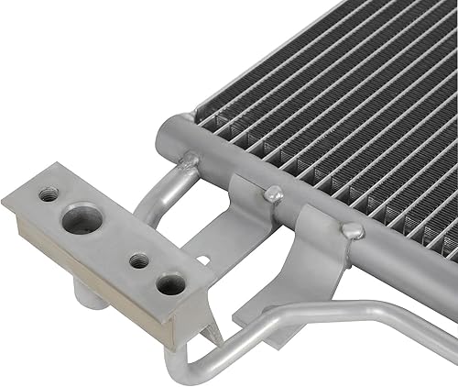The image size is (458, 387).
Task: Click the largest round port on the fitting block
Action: (x=82, y=220)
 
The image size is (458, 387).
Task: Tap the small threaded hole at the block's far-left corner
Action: (x=49, y=193)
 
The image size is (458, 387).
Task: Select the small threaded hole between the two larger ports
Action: (x=138, y=260)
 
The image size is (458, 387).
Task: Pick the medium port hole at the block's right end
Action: (x=169, y=283)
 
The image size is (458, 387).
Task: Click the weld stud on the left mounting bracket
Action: (x=272, y=194)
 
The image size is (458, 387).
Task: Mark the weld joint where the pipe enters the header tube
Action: (x=189, y=162)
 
